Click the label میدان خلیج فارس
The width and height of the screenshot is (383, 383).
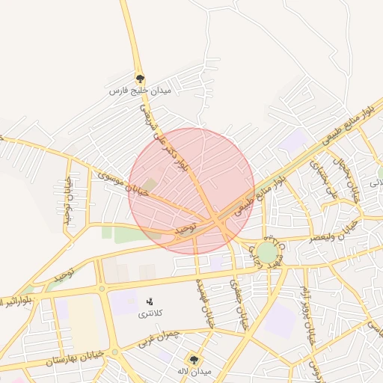[x=141, y=91]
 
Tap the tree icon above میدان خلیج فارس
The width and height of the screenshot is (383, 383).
[x=140, y=78]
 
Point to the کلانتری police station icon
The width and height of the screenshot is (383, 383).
[x=149, y=301]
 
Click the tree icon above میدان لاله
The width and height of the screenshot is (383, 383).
[x=195, y=359]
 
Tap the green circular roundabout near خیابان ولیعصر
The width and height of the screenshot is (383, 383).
[x=267, y=251]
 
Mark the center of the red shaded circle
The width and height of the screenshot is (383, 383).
[x=191, y=191]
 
